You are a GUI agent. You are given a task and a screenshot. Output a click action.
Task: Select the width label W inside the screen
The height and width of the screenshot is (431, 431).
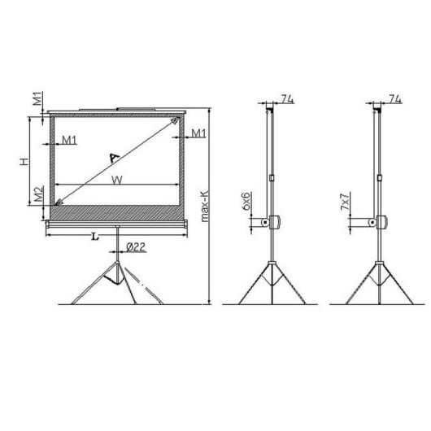pyautogui.click(x=119, y=181)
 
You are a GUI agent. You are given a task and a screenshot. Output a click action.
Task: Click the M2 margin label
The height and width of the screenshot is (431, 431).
pyautogui.click(x=38, y=195)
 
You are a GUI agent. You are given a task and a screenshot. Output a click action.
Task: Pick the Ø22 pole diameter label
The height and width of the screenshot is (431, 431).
pyautogui.click(x=135, y=248)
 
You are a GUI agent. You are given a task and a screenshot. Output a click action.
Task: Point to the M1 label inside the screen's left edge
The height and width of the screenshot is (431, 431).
pyautogui.click(x=69, y=140)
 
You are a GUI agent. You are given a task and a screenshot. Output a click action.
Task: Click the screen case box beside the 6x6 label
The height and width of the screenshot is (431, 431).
pyautogui.click(x=273, y=222)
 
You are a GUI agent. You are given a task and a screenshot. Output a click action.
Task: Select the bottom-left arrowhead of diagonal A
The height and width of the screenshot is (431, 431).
pyautogui.click(x=59, y=201)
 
